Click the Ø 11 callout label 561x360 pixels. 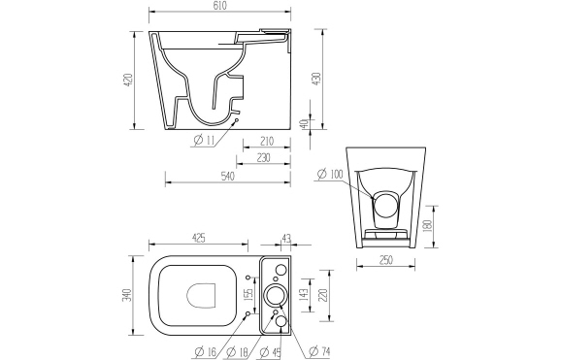tap(204, 142)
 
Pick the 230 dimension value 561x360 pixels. tap(260, 158)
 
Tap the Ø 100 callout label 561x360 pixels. tap(330, 175)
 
